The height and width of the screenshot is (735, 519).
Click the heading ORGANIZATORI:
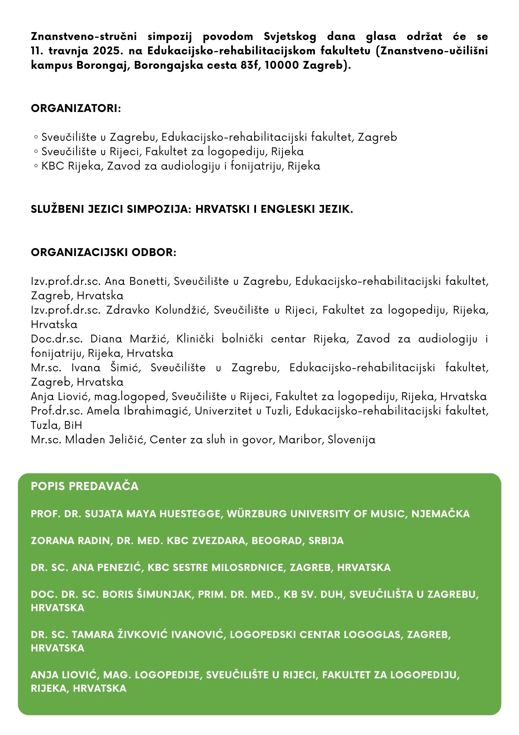click(x=76, y=108)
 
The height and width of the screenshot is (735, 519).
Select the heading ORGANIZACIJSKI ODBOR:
click(x=103, y=252)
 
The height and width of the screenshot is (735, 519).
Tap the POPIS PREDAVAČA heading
click(x=85, y=486)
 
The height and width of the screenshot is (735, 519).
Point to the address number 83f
click(x=250, y=65)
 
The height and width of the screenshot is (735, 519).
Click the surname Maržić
click(x=149, y=339)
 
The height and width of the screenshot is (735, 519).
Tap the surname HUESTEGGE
click(x=191, y=514)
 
